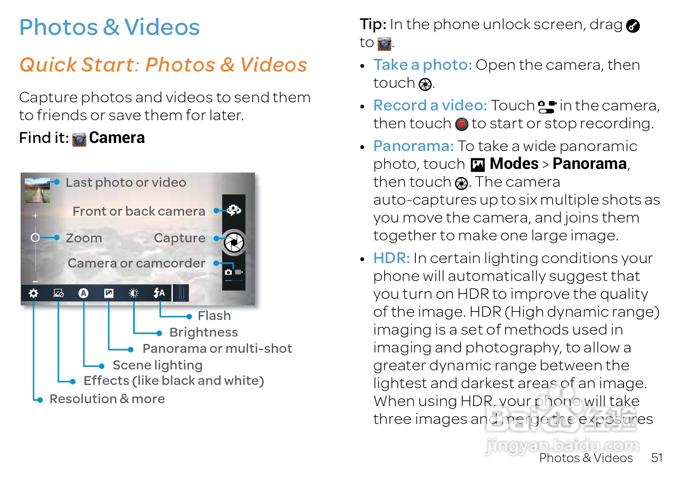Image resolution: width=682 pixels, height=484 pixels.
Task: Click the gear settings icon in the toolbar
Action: pos(34,293)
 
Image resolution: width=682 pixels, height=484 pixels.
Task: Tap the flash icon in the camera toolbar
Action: pos(159,293)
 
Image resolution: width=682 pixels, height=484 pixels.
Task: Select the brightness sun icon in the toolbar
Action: pos(134,293)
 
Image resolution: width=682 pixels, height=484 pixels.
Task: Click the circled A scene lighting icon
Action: pos(84,293)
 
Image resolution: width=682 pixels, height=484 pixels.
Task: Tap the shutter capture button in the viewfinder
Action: pos(234,243)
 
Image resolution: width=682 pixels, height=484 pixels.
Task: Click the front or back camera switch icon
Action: pos(234,210)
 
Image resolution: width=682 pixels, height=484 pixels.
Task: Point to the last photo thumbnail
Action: pos(37,190)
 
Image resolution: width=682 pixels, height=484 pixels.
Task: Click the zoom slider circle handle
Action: pos(35,238)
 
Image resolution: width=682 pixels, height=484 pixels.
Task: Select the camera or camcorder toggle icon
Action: pos(234,272)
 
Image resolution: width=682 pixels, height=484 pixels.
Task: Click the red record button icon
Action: pos(462,124)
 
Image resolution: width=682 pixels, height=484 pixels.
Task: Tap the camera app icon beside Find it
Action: pos(79,139)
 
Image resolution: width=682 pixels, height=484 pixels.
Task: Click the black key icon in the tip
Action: pos(633,26)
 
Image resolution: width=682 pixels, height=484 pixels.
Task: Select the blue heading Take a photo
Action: pos(423,65)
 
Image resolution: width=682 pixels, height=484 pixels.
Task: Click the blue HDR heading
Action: pos(391,258)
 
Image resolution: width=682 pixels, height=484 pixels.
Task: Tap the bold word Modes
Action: pos(514,164)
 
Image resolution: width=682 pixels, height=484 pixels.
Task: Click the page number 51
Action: pos(656,458)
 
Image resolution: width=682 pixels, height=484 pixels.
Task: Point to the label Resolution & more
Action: pos(107,399)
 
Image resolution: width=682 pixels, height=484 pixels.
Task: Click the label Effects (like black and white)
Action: pos(174,381)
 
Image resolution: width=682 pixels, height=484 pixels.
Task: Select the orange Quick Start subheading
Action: pos(163,65)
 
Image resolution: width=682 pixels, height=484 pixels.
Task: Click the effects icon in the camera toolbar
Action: pos(58,293)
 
